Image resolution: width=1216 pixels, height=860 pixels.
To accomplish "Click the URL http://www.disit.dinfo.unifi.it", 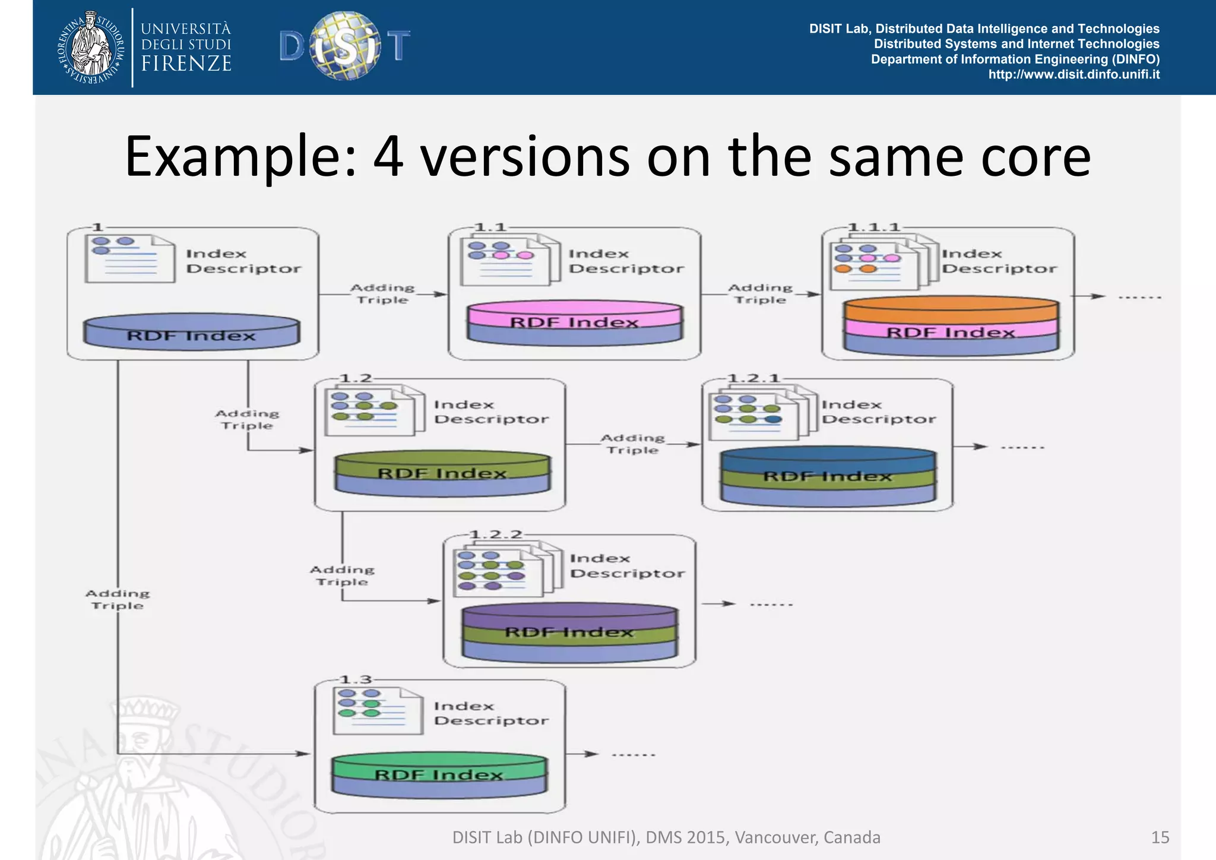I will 1073,75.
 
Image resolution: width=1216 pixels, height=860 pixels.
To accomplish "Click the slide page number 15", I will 1160,837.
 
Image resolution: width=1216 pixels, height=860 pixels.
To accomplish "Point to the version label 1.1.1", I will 874,227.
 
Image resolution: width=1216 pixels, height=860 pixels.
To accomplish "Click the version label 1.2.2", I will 496,535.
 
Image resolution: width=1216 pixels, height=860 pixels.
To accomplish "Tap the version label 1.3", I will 356,679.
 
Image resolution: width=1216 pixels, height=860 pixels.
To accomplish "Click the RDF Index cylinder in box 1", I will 192,333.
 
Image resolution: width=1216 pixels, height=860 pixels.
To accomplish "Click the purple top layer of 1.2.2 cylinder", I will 569,615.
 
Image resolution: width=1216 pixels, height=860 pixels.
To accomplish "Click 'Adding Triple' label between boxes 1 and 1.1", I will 382,294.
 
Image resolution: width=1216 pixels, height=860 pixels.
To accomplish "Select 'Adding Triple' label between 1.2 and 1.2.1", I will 632,444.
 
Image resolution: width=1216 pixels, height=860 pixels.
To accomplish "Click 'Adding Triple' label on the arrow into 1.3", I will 118,599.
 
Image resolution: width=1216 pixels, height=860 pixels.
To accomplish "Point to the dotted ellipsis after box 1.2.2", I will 771,605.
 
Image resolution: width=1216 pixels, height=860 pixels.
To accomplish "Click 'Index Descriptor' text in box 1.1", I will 626,261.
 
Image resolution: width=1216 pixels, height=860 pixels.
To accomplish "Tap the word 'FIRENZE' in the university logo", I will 186,64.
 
